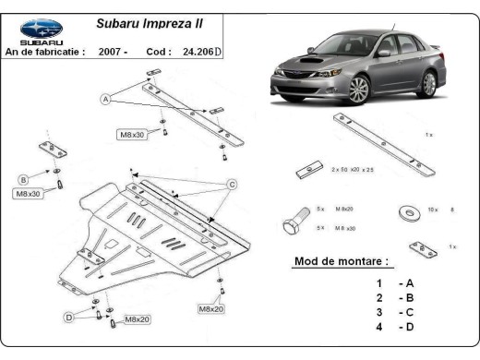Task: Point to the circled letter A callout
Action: click(x=107, y=99)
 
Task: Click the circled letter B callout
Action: click(x=23, y=179)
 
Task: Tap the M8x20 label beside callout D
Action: click(x=137, y=319)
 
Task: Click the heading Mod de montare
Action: click(x=341, y=261)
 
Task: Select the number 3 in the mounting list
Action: click(x=378, y=313)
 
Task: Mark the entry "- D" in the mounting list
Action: click(x=406, y=328)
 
